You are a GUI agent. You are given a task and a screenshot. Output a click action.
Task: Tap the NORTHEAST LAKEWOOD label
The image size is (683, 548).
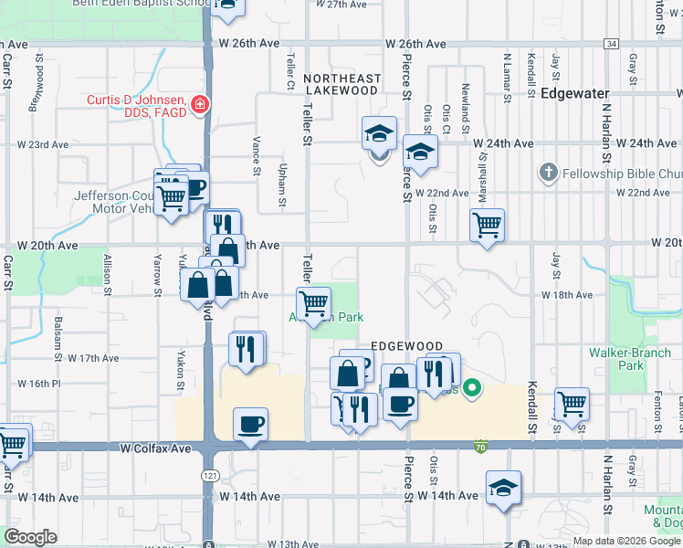[341, 85]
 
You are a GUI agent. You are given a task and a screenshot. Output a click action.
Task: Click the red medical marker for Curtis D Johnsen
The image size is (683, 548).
[199, 105]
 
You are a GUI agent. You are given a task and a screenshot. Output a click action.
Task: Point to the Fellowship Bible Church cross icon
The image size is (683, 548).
[548, 173]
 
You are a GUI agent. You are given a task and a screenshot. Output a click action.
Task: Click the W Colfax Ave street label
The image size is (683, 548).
[155, 448]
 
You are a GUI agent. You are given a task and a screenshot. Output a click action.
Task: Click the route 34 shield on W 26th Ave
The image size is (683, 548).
[611, 44]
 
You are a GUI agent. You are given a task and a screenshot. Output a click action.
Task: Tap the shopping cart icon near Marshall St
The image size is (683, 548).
[488, 224]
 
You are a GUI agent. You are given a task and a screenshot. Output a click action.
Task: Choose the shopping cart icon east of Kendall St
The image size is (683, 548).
[572, 403]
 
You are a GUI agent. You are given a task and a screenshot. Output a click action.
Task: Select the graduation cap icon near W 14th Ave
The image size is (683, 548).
[503, 487]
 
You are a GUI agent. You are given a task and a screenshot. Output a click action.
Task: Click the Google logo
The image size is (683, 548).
[30, 537]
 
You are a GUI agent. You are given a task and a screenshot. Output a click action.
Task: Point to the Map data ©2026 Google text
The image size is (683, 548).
[625, 541]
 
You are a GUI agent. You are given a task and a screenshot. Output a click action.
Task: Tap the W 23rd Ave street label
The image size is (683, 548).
[44, 144]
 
